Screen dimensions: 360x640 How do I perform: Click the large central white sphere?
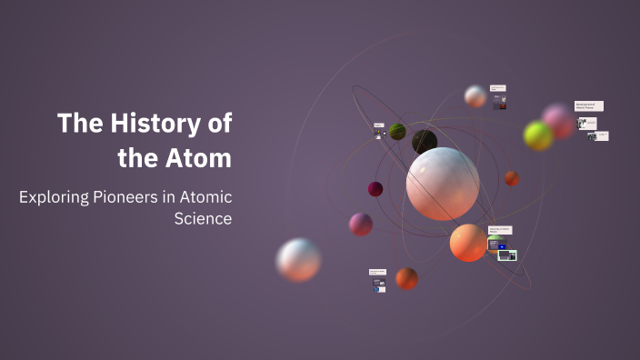(442, 184)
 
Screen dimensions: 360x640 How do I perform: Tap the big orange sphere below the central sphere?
(468, 243)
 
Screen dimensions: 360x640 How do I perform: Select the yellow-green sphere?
(538, 136)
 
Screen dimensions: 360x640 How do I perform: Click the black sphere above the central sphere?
(425, 142)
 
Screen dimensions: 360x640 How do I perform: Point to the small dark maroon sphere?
(375, 189)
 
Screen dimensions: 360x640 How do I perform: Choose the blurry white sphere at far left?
(298, 260)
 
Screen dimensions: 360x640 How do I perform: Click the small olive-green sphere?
(397, 132)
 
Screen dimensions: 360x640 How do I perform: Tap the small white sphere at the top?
(475, 96)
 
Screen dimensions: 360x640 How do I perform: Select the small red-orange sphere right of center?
(512, 178)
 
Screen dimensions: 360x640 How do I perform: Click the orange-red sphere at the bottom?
(406, 278)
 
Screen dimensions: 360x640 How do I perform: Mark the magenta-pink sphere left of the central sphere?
(361, 225)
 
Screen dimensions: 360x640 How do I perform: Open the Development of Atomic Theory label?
(588, 106)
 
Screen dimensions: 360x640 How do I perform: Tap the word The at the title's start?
(77, 123)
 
